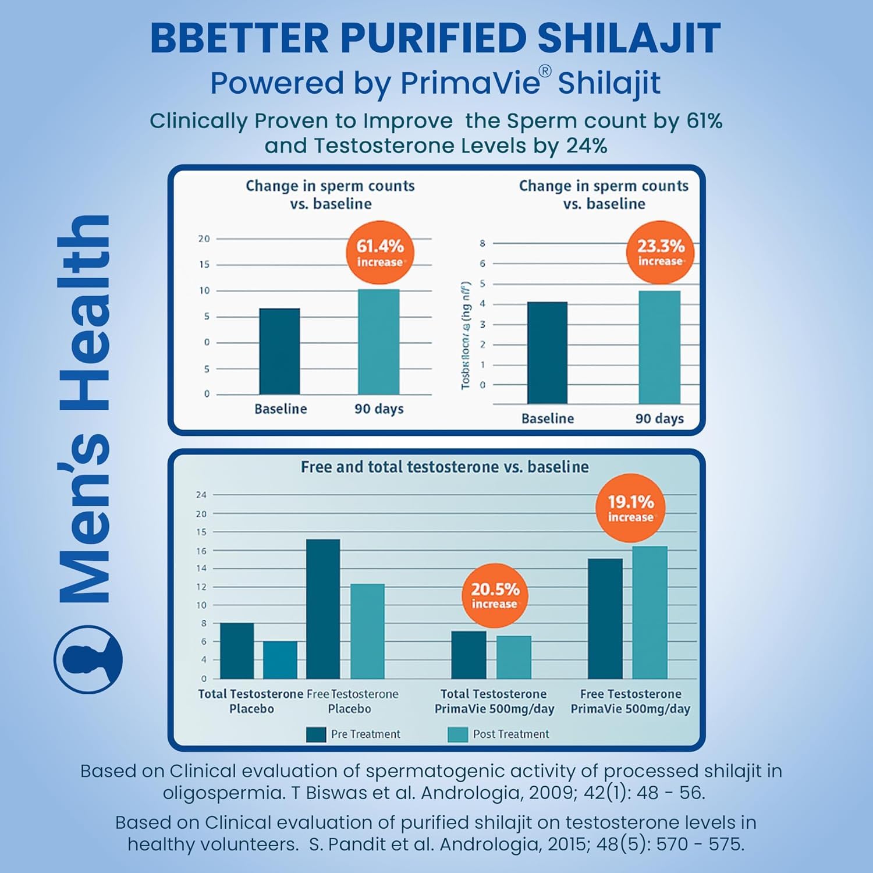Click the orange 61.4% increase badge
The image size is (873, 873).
[379, 253]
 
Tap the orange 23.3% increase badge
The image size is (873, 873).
[660, 252]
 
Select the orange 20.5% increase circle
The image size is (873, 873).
[494, 595]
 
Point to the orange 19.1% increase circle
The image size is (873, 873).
[630, 508]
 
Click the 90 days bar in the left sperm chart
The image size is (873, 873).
[379, 342]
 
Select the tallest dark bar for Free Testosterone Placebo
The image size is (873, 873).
[323, 608]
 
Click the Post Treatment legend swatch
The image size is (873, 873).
[457, 734]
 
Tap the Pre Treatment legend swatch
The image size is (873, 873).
[316, 734]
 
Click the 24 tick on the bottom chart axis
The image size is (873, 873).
[201, 495]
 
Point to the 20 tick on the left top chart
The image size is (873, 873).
[204, 239]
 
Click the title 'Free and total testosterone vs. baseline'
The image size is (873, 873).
[445, 467]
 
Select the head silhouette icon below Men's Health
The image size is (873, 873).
[88, 659]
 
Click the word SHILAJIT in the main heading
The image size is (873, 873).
[629, 38]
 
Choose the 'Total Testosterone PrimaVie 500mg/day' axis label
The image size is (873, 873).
[494, 701]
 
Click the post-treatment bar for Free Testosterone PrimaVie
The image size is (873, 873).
[650, 612]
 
